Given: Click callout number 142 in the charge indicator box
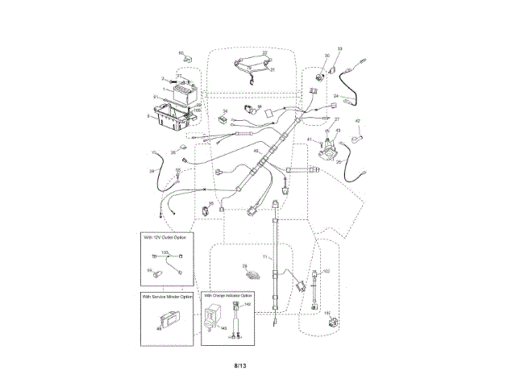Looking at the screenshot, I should pos(247,305).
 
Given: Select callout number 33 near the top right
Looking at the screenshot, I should pos(339,49).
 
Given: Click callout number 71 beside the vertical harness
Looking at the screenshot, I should pos(264,256).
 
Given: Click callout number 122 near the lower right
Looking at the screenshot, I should pos(326,272).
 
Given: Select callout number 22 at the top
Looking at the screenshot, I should pos(264,53).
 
